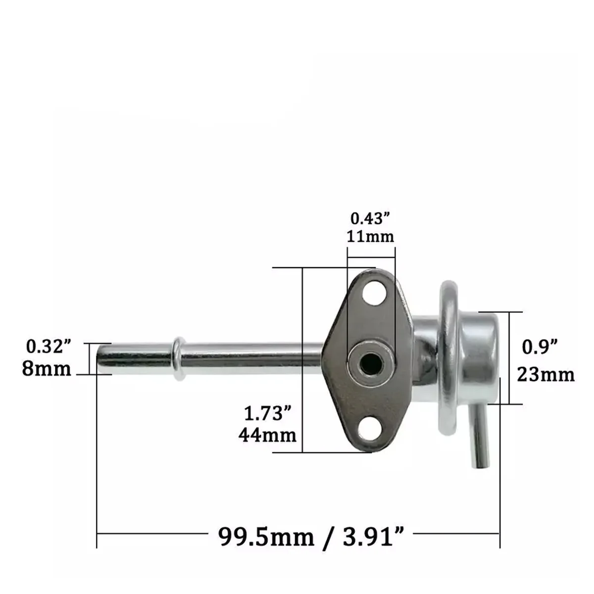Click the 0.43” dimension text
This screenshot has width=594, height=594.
point(371,218)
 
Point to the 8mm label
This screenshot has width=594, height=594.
point(47,369)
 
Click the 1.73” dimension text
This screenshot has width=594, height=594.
point(267,413)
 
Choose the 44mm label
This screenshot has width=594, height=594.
point(268,435)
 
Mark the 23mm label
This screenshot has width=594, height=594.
point(546,375)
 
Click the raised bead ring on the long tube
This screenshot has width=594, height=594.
point(179,357)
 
